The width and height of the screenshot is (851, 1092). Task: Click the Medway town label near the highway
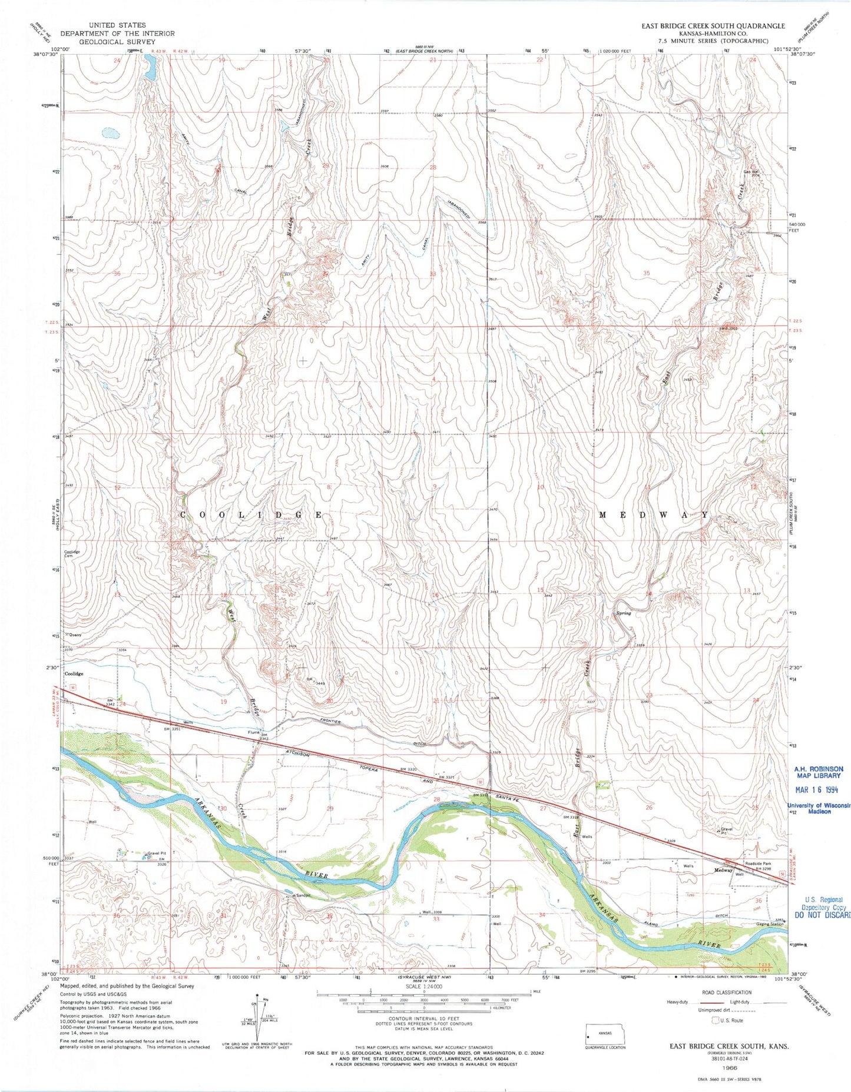(723, 870)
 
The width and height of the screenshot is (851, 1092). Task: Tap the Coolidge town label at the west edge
(74, 673)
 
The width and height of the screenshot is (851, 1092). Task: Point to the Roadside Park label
(759, 864)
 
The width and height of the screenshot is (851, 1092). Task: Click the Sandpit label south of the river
(303, 895)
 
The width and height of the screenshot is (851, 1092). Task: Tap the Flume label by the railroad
(254, 733)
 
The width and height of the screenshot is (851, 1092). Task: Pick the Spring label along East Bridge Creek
(623, 613)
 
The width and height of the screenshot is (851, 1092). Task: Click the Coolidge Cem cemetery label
(72, 555)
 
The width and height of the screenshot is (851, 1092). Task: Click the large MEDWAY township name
(653, 515)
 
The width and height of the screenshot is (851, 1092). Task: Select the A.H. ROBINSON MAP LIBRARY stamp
(818, 772)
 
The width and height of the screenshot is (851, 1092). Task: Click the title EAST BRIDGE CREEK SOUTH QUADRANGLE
(713, 26)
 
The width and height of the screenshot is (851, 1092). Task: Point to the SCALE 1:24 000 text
(424, 987)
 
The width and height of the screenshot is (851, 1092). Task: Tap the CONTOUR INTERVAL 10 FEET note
(424, 1018)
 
